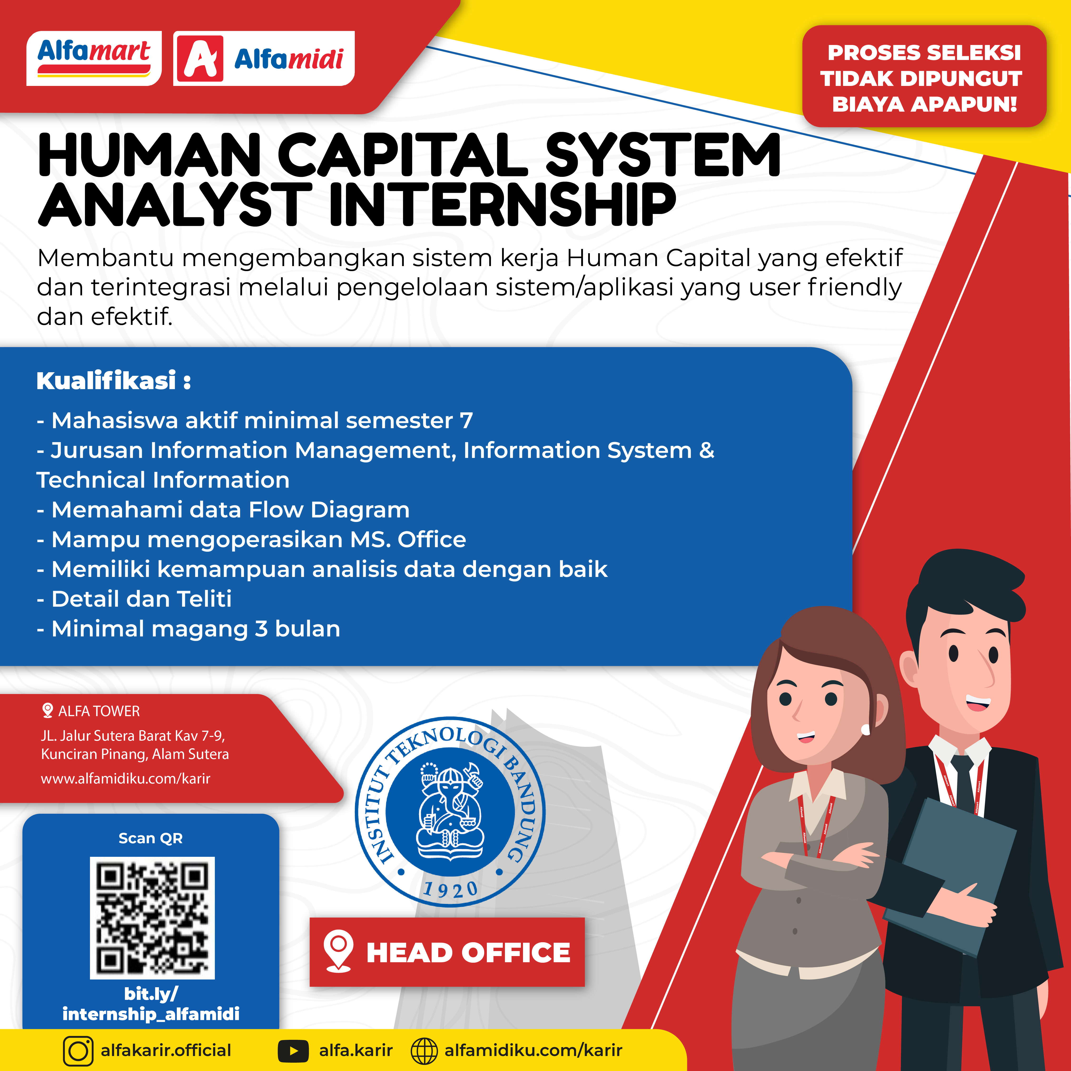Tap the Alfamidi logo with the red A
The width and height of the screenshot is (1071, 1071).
(x=264, y=58)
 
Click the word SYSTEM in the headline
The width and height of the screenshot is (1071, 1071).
(x=663, y=155)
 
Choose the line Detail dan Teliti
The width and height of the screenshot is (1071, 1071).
(x=134, y=599)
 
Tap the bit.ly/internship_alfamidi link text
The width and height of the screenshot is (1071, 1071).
(x=151, y=1004)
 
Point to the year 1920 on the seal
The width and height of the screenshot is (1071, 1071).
(x=450, y=890)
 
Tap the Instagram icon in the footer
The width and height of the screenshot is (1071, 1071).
(x=78, y=1051)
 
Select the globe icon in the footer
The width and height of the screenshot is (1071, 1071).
(x=424, y=1051)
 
